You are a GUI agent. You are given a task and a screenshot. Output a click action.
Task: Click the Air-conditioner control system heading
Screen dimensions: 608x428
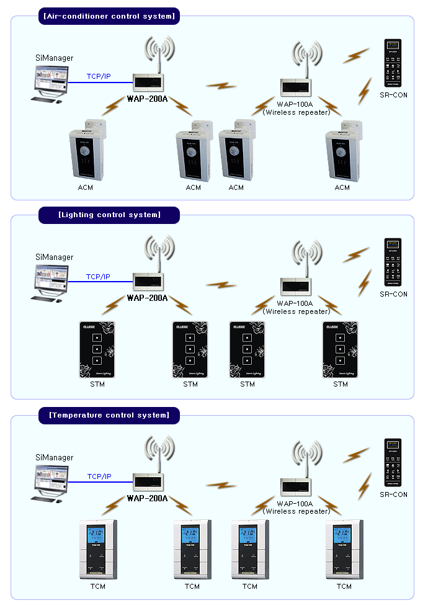109,16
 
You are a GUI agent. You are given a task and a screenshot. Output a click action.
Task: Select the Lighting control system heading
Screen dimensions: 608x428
109,215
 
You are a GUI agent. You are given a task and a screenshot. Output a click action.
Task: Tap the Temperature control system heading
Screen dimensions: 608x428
109,415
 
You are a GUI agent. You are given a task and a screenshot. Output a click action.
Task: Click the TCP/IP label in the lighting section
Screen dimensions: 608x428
98,277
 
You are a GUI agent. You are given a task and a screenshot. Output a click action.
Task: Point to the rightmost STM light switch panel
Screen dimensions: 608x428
340,350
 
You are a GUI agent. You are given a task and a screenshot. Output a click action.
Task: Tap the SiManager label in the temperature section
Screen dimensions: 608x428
54,458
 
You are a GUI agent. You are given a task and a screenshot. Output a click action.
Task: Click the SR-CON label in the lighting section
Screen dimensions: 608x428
393,294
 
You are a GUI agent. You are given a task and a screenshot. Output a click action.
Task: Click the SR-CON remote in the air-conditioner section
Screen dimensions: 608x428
393,63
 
